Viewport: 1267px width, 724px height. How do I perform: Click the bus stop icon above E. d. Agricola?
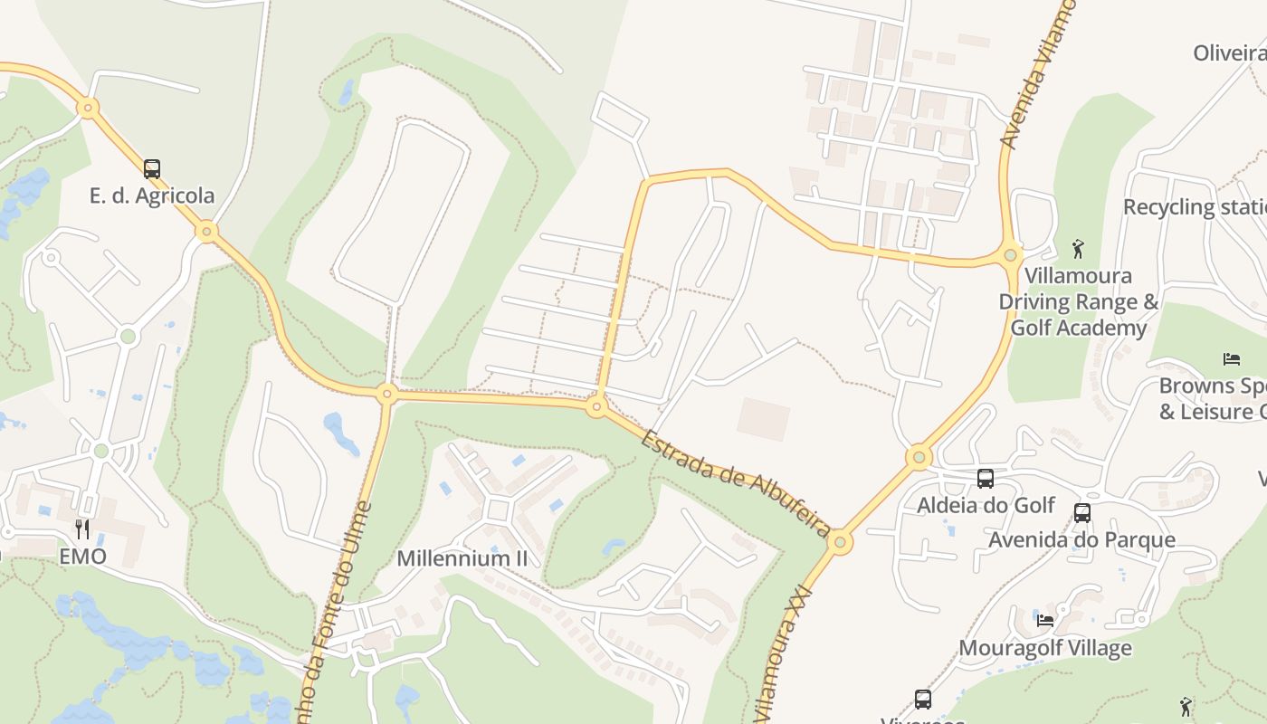coord(152,168)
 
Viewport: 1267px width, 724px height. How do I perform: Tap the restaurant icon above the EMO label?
coord(82,529)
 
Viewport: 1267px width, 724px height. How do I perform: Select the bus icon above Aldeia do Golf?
coord(986,478)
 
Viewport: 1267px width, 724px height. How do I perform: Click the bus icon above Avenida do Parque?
coord(1081,513)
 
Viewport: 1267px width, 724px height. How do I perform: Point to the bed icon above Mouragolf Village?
coord(1045,621)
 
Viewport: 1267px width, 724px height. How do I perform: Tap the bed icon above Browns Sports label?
coord(1231,358)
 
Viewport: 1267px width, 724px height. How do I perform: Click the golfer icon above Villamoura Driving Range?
coord(1078,248)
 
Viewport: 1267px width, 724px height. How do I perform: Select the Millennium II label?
coord(462,558)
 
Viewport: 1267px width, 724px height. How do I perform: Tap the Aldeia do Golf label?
coord(986,505)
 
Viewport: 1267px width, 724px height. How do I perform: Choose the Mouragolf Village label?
coord(1044,648)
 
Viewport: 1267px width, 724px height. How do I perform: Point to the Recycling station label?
coord(1195,207)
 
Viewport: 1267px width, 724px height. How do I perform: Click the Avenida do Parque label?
coord(1081,540)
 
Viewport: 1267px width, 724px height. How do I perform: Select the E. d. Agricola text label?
coord(152,195)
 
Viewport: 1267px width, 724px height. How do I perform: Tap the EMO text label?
coord(82,557)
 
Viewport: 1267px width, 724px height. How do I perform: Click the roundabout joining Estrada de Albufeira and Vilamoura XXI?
coord(840,542)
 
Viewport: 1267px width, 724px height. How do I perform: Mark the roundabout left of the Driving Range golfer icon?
coord(1012,255)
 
